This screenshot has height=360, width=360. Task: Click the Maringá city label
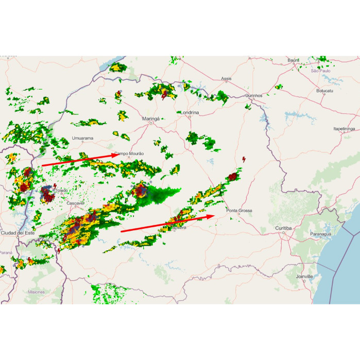coord(151,119)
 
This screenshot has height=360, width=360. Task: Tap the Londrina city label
coord(189,112)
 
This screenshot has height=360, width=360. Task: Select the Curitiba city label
coord(283,228)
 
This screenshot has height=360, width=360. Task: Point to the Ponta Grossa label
coord(239,211)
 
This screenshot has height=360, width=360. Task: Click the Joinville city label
coord(304,277)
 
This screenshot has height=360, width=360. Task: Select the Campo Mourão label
coord(130,153)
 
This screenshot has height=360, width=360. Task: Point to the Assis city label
coord(226,79)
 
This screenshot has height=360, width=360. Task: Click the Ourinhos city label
coord(254,96)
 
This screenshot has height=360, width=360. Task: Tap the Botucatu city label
coord(325,91)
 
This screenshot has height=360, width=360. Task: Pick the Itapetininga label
coord(344,129)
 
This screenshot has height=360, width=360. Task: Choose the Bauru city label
coord(293,60)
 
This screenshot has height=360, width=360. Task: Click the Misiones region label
coord(36,292)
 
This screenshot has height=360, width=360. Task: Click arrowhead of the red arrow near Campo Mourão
coord(116,155)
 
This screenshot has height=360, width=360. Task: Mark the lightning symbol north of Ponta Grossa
coord(244,159)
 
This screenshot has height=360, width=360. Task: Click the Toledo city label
coord(61,191)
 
